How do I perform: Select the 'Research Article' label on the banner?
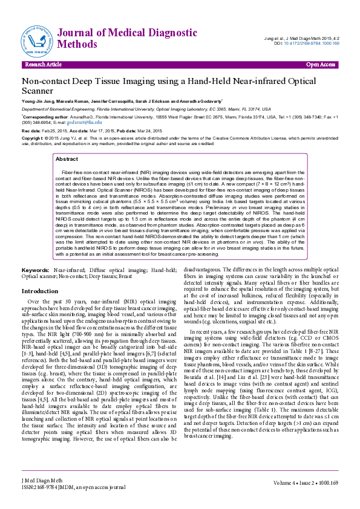tap(43, 64)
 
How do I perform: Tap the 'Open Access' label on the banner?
tap(320, 64)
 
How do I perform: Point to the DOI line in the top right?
tap(307, 44)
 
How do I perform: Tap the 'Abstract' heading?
tap(67, 159)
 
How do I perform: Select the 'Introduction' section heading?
tap(40, 291)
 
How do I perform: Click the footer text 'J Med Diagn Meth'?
tap(41, 480)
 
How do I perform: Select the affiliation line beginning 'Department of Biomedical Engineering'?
tap(61, 108)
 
